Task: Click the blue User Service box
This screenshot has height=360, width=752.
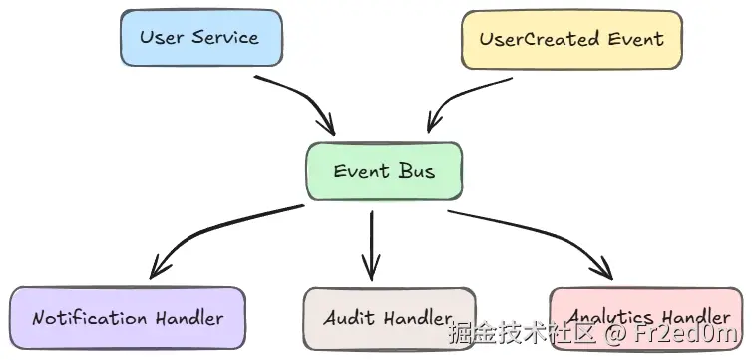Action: pyautogui.click(x=199, y=38)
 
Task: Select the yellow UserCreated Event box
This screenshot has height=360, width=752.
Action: pyautogui.click(x=571, y=40)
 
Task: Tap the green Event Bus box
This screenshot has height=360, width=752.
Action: pyautogui.click(x=384, y=171)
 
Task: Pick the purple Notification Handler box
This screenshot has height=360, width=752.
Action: pyautogui.click(x=127, y=319)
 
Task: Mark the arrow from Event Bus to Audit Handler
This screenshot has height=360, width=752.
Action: pyautogui.click(x=371, y=244)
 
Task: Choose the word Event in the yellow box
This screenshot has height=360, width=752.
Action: pyautogui.click(x=634, y=40)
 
